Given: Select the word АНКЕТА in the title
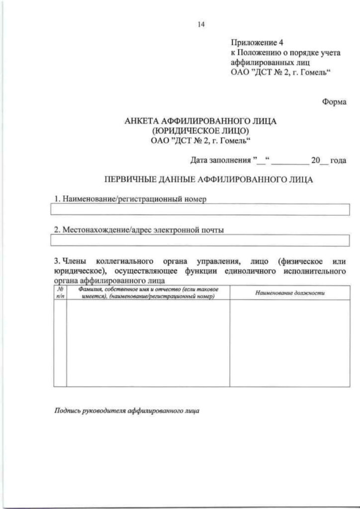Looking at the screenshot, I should [144, 121].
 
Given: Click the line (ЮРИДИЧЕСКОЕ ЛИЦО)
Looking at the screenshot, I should [201, 131].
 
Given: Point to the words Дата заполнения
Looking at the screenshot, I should [220, 161].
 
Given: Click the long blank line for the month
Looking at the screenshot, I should [289, 162].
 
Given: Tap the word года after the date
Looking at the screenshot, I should [338, 161].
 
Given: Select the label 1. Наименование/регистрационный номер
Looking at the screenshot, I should [130, 199].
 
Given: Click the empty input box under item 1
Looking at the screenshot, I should [201, 210].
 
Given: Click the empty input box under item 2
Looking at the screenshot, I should [201, 241].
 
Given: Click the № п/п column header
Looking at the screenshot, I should [60, 293].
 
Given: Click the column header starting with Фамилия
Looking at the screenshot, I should [148, 293].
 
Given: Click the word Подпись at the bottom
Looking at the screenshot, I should [67, 412].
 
